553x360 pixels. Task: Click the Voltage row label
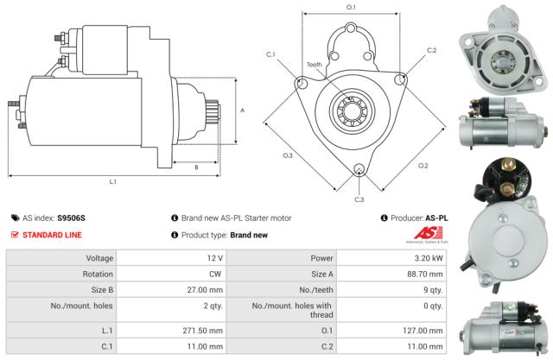pos(99,258)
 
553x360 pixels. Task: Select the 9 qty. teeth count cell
pos(429,292)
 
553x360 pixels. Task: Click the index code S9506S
pos(72,218)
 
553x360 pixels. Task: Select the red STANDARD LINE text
pos(54,235)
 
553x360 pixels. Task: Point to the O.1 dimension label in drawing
pos(351,8)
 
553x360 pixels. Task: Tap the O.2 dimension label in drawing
pos(423,166)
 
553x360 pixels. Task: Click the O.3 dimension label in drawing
pos(288,155)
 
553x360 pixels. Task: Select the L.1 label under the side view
pos(113,181)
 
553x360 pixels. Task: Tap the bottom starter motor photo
pos(505,328)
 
